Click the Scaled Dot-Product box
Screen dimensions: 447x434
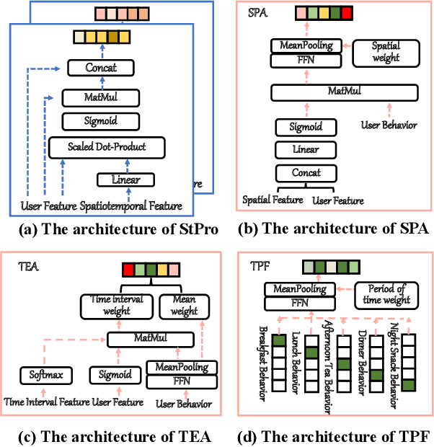tap(107, 147)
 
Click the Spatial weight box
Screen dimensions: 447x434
tap(386, 51)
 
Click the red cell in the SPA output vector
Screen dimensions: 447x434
tap(347, 14)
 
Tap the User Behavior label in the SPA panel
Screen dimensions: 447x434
tap(389, 125)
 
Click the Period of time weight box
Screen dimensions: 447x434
tap(386, 294)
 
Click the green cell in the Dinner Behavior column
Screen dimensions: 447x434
tap(376, 375)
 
